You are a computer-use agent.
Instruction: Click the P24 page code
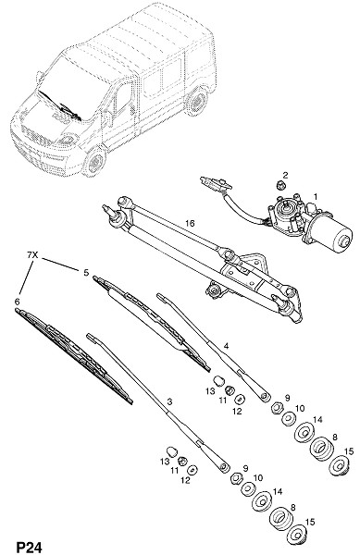coord(30,548)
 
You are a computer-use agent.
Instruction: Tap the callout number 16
coord(190,223)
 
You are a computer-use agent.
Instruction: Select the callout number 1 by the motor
coord(315,196)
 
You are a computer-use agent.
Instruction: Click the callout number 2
coord(285,175)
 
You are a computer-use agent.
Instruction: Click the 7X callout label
coord(32,254)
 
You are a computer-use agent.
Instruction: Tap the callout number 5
coord(86,273)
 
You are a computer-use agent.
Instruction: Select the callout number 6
coord(17,302)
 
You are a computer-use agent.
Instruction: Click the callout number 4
coord(226,345)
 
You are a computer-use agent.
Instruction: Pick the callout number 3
coord(169,401)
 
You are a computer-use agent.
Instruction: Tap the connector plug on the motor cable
coord(215,183)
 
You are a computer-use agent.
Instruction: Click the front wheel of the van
coord(94,162)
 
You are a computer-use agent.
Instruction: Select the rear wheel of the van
coord(197,101)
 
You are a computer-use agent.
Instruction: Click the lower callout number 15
coord(310,523)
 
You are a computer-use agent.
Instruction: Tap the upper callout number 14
coord(317,420)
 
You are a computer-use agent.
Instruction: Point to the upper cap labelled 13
coord(219,381)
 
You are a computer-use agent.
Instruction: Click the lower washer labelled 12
coord(192,470)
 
